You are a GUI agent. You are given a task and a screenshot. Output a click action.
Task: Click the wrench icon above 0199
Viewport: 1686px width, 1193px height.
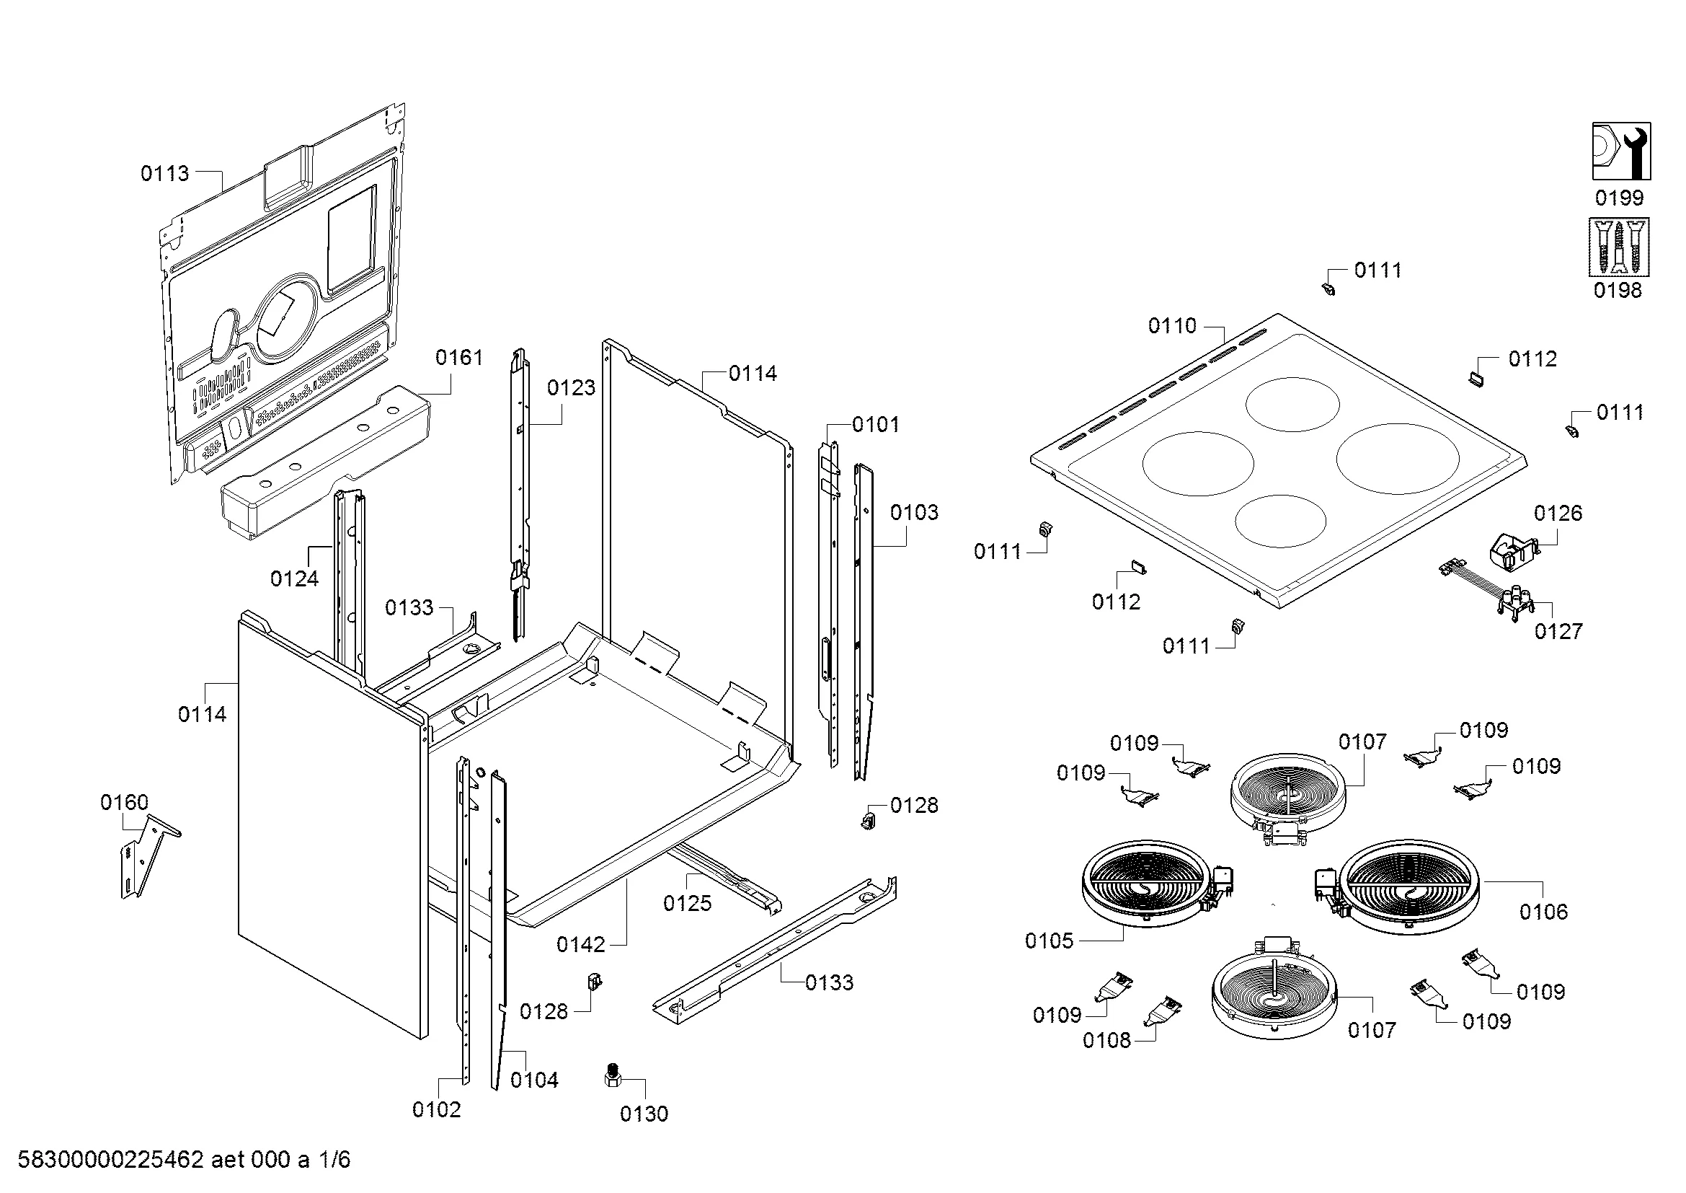point(1620,151)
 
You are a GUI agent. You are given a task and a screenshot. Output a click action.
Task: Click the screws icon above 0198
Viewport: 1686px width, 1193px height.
point(1618,247)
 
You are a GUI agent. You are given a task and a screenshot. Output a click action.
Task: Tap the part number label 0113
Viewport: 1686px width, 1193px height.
point(164,173)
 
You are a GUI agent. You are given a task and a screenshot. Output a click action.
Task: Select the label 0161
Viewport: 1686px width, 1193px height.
point(459,358)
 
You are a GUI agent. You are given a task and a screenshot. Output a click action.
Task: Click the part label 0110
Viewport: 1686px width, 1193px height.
point(1172,325)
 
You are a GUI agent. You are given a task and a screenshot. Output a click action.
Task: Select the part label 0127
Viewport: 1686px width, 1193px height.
point(1558,631)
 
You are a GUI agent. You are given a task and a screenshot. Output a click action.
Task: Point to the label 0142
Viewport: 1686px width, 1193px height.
point(580,945)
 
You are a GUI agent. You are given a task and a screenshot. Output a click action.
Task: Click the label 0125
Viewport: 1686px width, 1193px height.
point(688,903)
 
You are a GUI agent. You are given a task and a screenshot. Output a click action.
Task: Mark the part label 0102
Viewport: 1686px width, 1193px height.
point(436,1109)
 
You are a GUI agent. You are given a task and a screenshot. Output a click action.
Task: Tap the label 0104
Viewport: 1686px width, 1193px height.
point(534,1080)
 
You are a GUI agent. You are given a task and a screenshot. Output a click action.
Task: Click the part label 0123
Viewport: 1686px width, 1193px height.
point(571,388)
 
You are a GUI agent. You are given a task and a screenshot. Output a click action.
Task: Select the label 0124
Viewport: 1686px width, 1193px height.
point(293,579)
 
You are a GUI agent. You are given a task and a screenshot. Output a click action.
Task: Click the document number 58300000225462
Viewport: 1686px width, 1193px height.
point(110,1160)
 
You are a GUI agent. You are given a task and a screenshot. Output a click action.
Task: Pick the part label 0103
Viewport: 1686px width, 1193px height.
point(913,512)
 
